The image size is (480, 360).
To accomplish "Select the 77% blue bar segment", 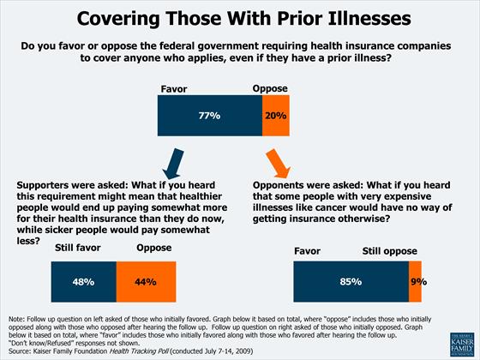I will tap(209, 115).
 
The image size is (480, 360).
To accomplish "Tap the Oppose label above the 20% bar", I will tap(269, 88).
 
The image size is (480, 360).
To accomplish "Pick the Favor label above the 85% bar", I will tap(307, 252).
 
